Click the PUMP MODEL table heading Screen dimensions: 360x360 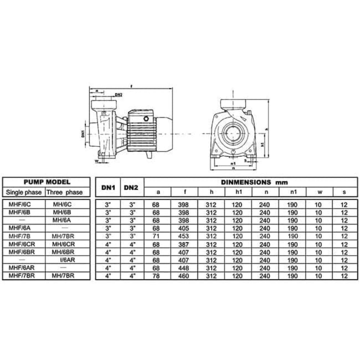pyautogui.click(x=46, y=182)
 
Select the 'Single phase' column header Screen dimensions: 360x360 pyautogui.click(x=24, y=192)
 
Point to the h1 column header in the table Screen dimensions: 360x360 pyautogui.click(x=238, y=192)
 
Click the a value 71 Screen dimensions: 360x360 pyautogui.click(x=158, y=236)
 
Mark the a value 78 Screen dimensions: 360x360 pyautogui.click(x=158, y=276)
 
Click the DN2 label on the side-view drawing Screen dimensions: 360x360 pyautogui.click(x=119, y=95)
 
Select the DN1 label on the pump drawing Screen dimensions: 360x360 pyautogui.click(x=83, y=134)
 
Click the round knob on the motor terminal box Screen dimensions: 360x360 pyautogui.click(x=146, y=118)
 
